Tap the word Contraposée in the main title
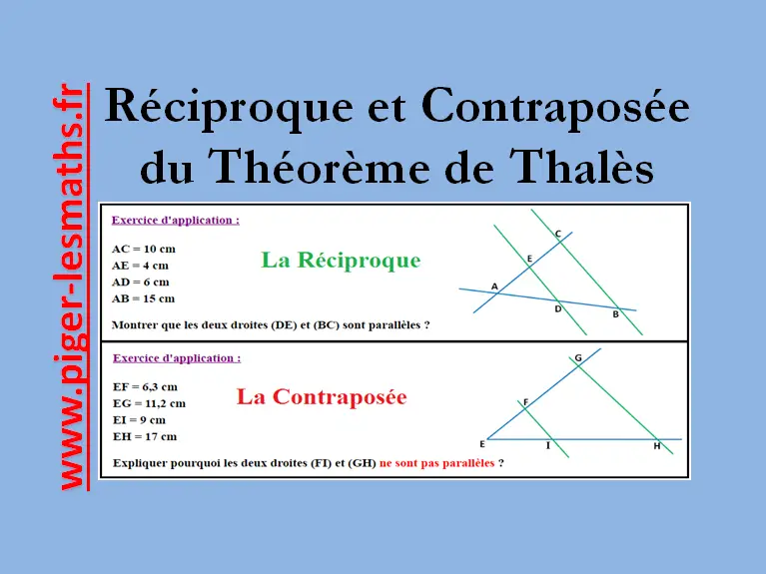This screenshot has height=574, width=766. pos(555,107)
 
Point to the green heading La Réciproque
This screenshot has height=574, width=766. pos(341,260)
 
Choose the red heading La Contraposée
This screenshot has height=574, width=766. pos(322,396)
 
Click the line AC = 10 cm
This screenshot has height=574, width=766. pos(144,250)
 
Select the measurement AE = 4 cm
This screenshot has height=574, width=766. pos(140,266)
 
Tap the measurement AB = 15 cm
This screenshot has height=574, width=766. pos(143,298)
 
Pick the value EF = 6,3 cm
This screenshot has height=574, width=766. pos(145,387)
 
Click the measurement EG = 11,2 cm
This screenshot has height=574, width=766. pos(149,403)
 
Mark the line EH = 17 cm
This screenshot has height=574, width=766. pos(145,436)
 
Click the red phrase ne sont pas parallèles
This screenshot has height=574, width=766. pos(436,462)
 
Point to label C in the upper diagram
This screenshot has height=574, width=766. pos(558,234)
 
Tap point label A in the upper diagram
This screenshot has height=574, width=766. pos(494,287)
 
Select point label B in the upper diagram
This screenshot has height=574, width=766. pos(615,314)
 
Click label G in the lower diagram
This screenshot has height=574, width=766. pos(578,358)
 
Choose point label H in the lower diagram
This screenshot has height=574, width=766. pos(657,446)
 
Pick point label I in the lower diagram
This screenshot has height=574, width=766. pos(548,445)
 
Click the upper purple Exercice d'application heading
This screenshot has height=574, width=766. pos(176,221)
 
